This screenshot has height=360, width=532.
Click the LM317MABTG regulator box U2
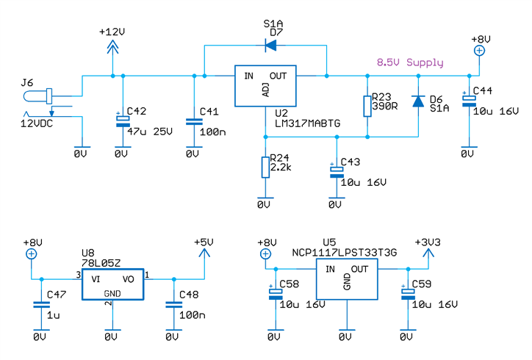point(265,87)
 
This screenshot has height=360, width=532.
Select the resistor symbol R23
point(366,106)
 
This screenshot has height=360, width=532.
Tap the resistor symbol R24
point(265,168)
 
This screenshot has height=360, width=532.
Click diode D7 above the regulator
point(270,46)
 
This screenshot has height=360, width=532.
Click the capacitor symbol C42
point(122,120)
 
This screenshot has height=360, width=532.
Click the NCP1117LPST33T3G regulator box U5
point(346,281)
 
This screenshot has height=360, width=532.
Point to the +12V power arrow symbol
point(112,46)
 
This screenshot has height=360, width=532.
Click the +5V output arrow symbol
point(204,253)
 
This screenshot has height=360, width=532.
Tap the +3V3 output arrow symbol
point(429,253)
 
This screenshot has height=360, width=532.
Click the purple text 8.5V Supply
point(409,62)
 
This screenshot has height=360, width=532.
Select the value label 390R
point(384,107)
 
